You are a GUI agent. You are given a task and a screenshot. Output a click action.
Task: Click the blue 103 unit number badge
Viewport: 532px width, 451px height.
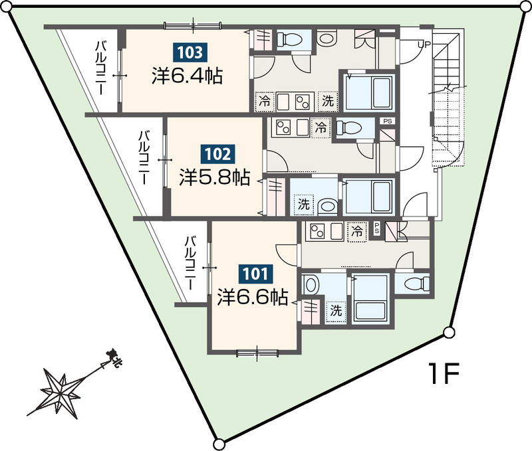[x=190, y=52]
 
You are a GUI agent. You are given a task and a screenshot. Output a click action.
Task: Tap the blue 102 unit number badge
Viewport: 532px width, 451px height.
[x=218, y=154]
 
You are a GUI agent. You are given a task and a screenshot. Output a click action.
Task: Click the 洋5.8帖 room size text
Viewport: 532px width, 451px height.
[x=215, y=177]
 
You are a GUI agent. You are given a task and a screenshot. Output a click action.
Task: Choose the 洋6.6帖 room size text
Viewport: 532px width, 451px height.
[x=253, y=297]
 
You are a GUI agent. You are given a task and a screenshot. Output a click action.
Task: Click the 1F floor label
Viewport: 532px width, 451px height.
[x=444, y=373]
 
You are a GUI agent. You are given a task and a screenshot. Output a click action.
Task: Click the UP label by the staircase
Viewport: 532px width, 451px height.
[x=424, y=45]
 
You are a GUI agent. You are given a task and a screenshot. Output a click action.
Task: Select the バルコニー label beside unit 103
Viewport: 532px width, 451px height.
[x=102, y=68]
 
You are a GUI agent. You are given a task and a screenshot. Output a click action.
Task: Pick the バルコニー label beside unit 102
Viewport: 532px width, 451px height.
[x=144, y=158]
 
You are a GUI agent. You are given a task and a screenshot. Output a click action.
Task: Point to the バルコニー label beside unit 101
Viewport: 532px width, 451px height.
[x=191, y=263]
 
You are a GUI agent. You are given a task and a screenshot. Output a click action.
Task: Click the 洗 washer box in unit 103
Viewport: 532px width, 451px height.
[x=328, y=101]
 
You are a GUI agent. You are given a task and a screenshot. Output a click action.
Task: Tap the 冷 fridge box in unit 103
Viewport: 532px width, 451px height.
[x=265, y=101]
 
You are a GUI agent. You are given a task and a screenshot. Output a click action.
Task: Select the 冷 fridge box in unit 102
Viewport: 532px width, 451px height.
[x=321, y=128]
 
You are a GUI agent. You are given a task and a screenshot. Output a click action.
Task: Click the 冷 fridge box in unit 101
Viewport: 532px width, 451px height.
[x=357, y=231]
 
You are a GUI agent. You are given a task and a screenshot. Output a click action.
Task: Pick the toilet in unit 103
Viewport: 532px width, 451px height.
[x=290, y=40]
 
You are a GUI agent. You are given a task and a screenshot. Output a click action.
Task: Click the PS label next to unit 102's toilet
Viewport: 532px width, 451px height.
[x=388, y=121]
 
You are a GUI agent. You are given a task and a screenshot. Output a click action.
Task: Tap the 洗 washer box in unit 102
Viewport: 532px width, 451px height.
[x=304, y=205]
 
